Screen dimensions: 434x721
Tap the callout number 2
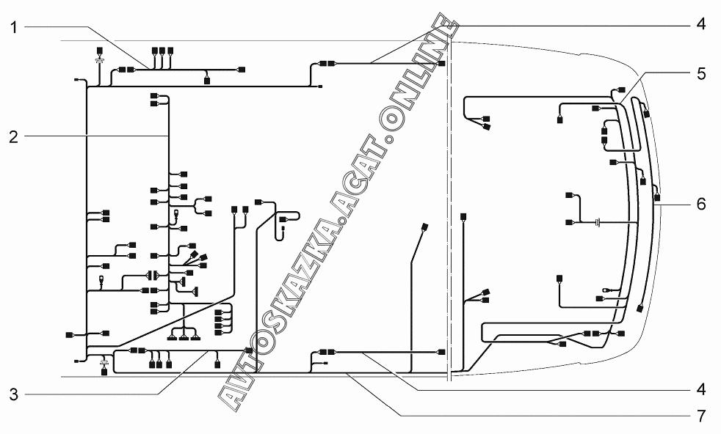(x=14, y=135)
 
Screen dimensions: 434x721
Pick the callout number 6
(x=701, y=203)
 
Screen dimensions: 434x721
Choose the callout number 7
(x=701, y=416)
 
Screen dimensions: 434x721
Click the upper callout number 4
(x=701, y=23)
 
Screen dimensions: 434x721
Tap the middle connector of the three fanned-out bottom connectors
(x=184, y=337)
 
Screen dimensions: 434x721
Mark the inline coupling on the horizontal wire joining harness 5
(x=598, y=221)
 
